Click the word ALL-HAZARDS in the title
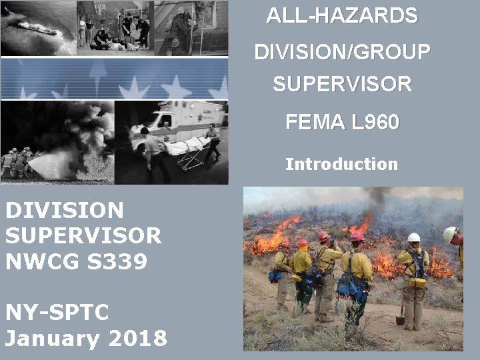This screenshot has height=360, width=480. [342, 15]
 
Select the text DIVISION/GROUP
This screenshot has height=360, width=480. [342, 51]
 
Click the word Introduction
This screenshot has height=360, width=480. [341, 164]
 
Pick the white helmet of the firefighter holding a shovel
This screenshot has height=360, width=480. [414, 237]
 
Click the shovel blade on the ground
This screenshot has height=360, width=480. [400, 319]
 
